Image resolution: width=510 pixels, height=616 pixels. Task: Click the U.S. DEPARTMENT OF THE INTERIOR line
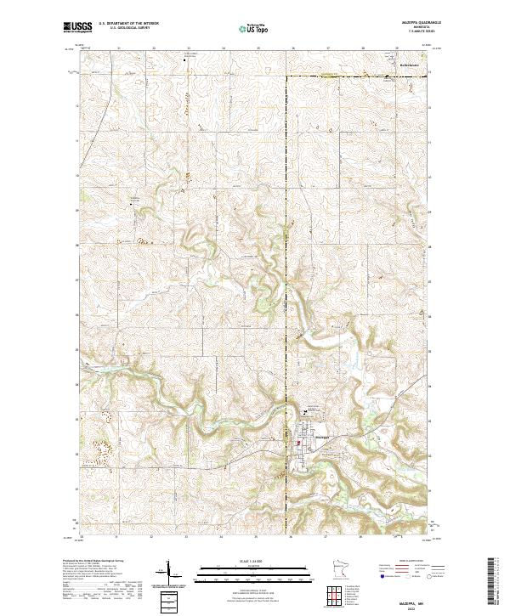click(x=128, y=25)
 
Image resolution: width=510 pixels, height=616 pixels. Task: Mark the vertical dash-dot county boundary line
click(x=286, y=255)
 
